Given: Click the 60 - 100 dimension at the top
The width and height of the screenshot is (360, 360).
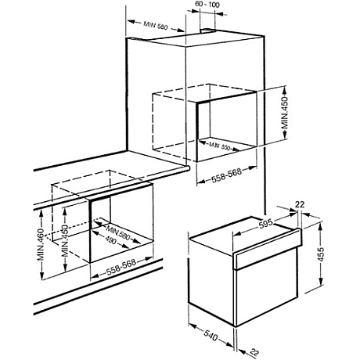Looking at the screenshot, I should [207, 5].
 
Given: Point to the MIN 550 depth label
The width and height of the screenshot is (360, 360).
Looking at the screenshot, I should [220, 145].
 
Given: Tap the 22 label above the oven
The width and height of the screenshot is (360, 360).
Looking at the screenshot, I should [301, 206].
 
